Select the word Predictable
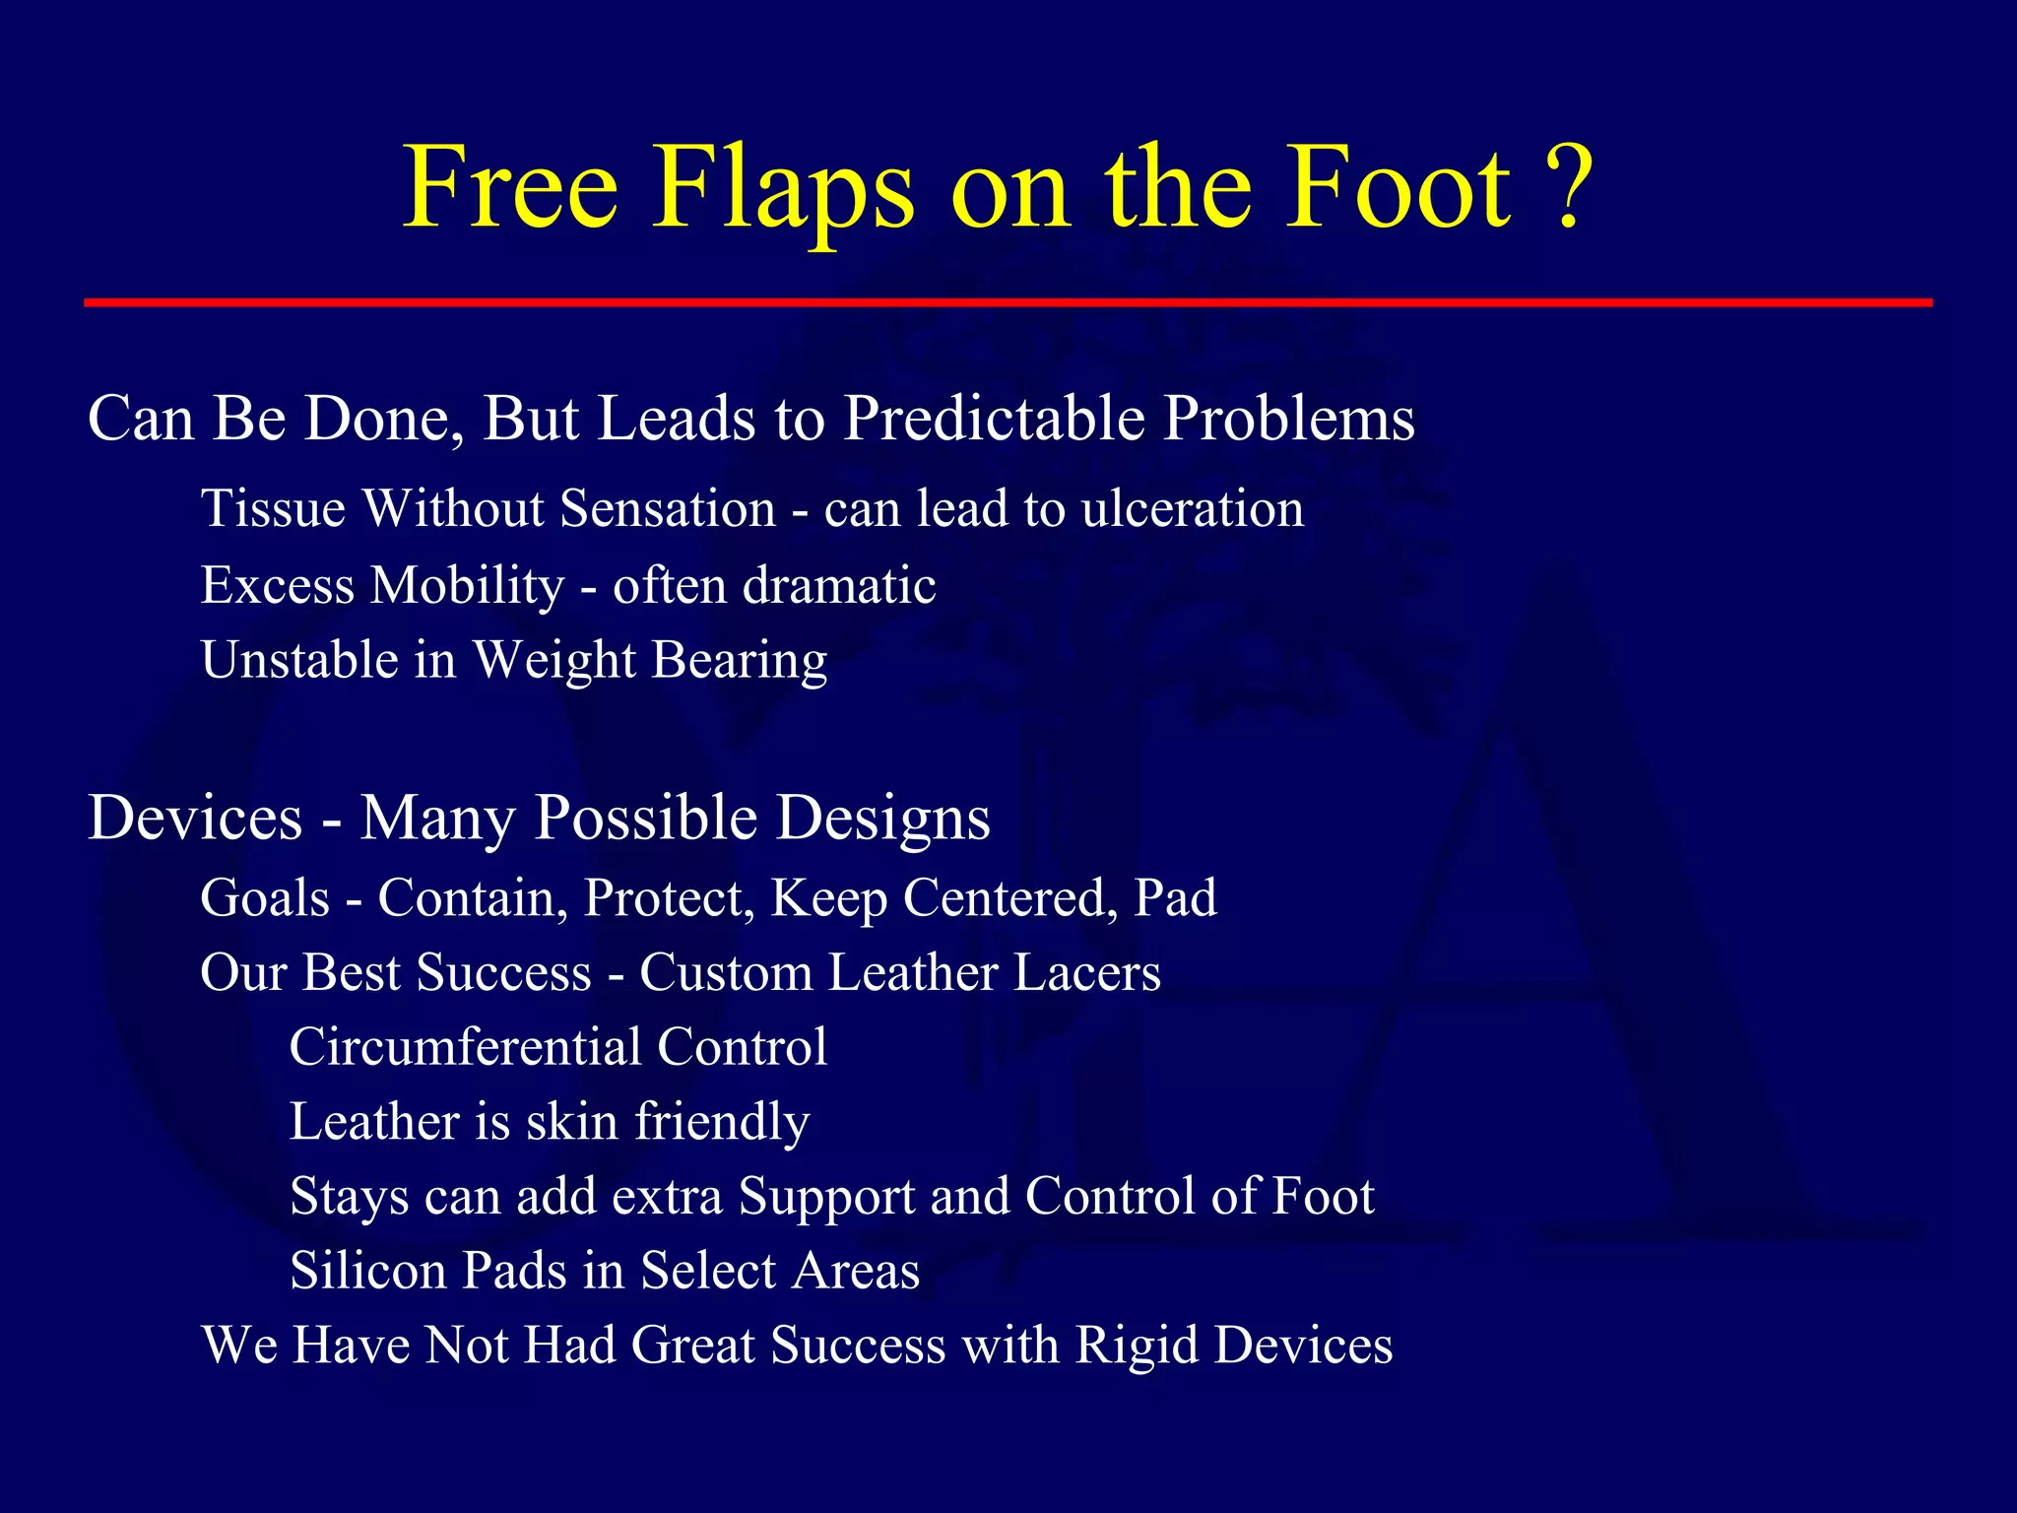(994, 420)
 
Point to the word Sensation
(668, 509)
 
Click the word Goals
(265, 898)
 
